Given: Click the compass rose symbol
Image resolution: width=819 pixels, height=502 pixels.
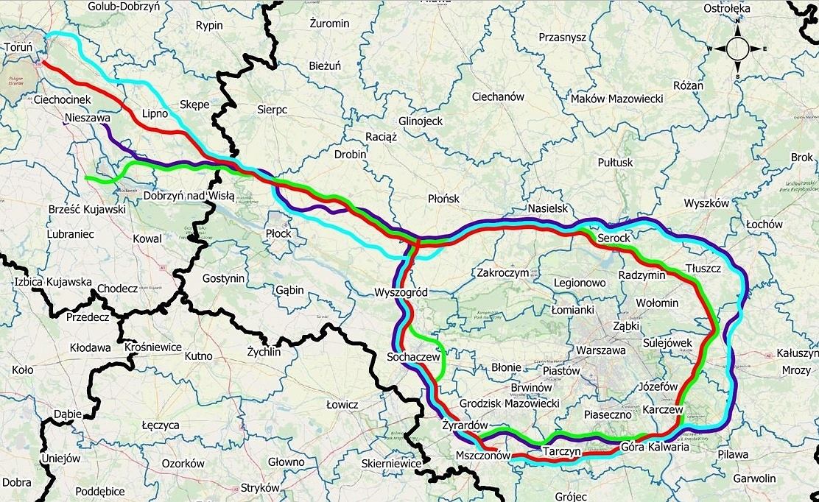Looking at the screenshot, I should click(x=737, y=49).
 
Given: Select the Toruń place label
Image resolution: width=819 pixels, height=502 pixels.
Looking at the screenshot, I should click(x=18, y=47).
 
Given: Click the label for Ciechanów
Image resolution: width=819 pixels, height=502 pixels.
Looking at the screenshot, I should click(x=497, y=96).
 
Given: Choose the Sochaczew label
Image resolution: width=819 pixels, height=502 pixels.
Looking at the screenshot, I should click(x=412, y=357).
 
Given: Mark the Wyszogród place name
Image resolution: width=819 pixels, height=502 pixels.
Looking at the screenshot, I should click(x=401, y=292).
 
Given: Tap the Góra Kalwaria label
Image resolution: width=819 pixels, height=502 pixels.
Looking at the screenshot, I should click(x=655, y=446).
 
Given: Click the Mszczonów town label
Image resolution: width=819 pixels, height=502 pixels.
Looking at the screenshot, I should click(x=482, y=456).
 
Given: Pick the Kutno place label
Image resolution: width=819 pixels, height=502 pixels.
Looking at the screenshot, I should click(x=198, y=356).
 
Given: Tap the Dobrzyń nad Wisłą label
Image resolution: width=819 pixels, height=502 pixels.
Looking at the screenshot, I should click(x=189, y=196).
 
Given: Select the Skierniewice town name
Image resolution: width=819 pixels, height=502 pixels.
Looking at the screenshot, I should click(x=391, y=464).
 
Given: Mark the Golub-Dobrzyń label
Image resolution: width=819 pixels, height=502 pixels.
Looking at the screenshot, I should click(x=128, y=6).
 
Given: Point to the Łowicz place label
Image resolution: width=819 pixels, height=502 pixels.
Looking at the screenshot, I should click(x=342, y=405).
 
